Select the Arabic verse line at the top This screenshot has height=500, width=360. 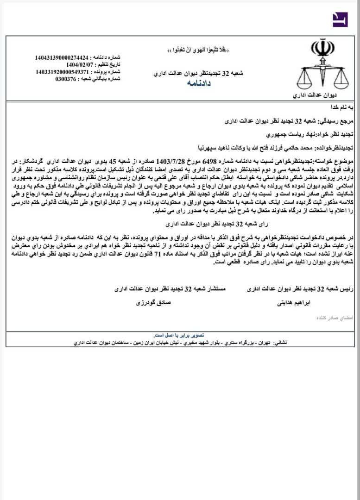198,49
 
